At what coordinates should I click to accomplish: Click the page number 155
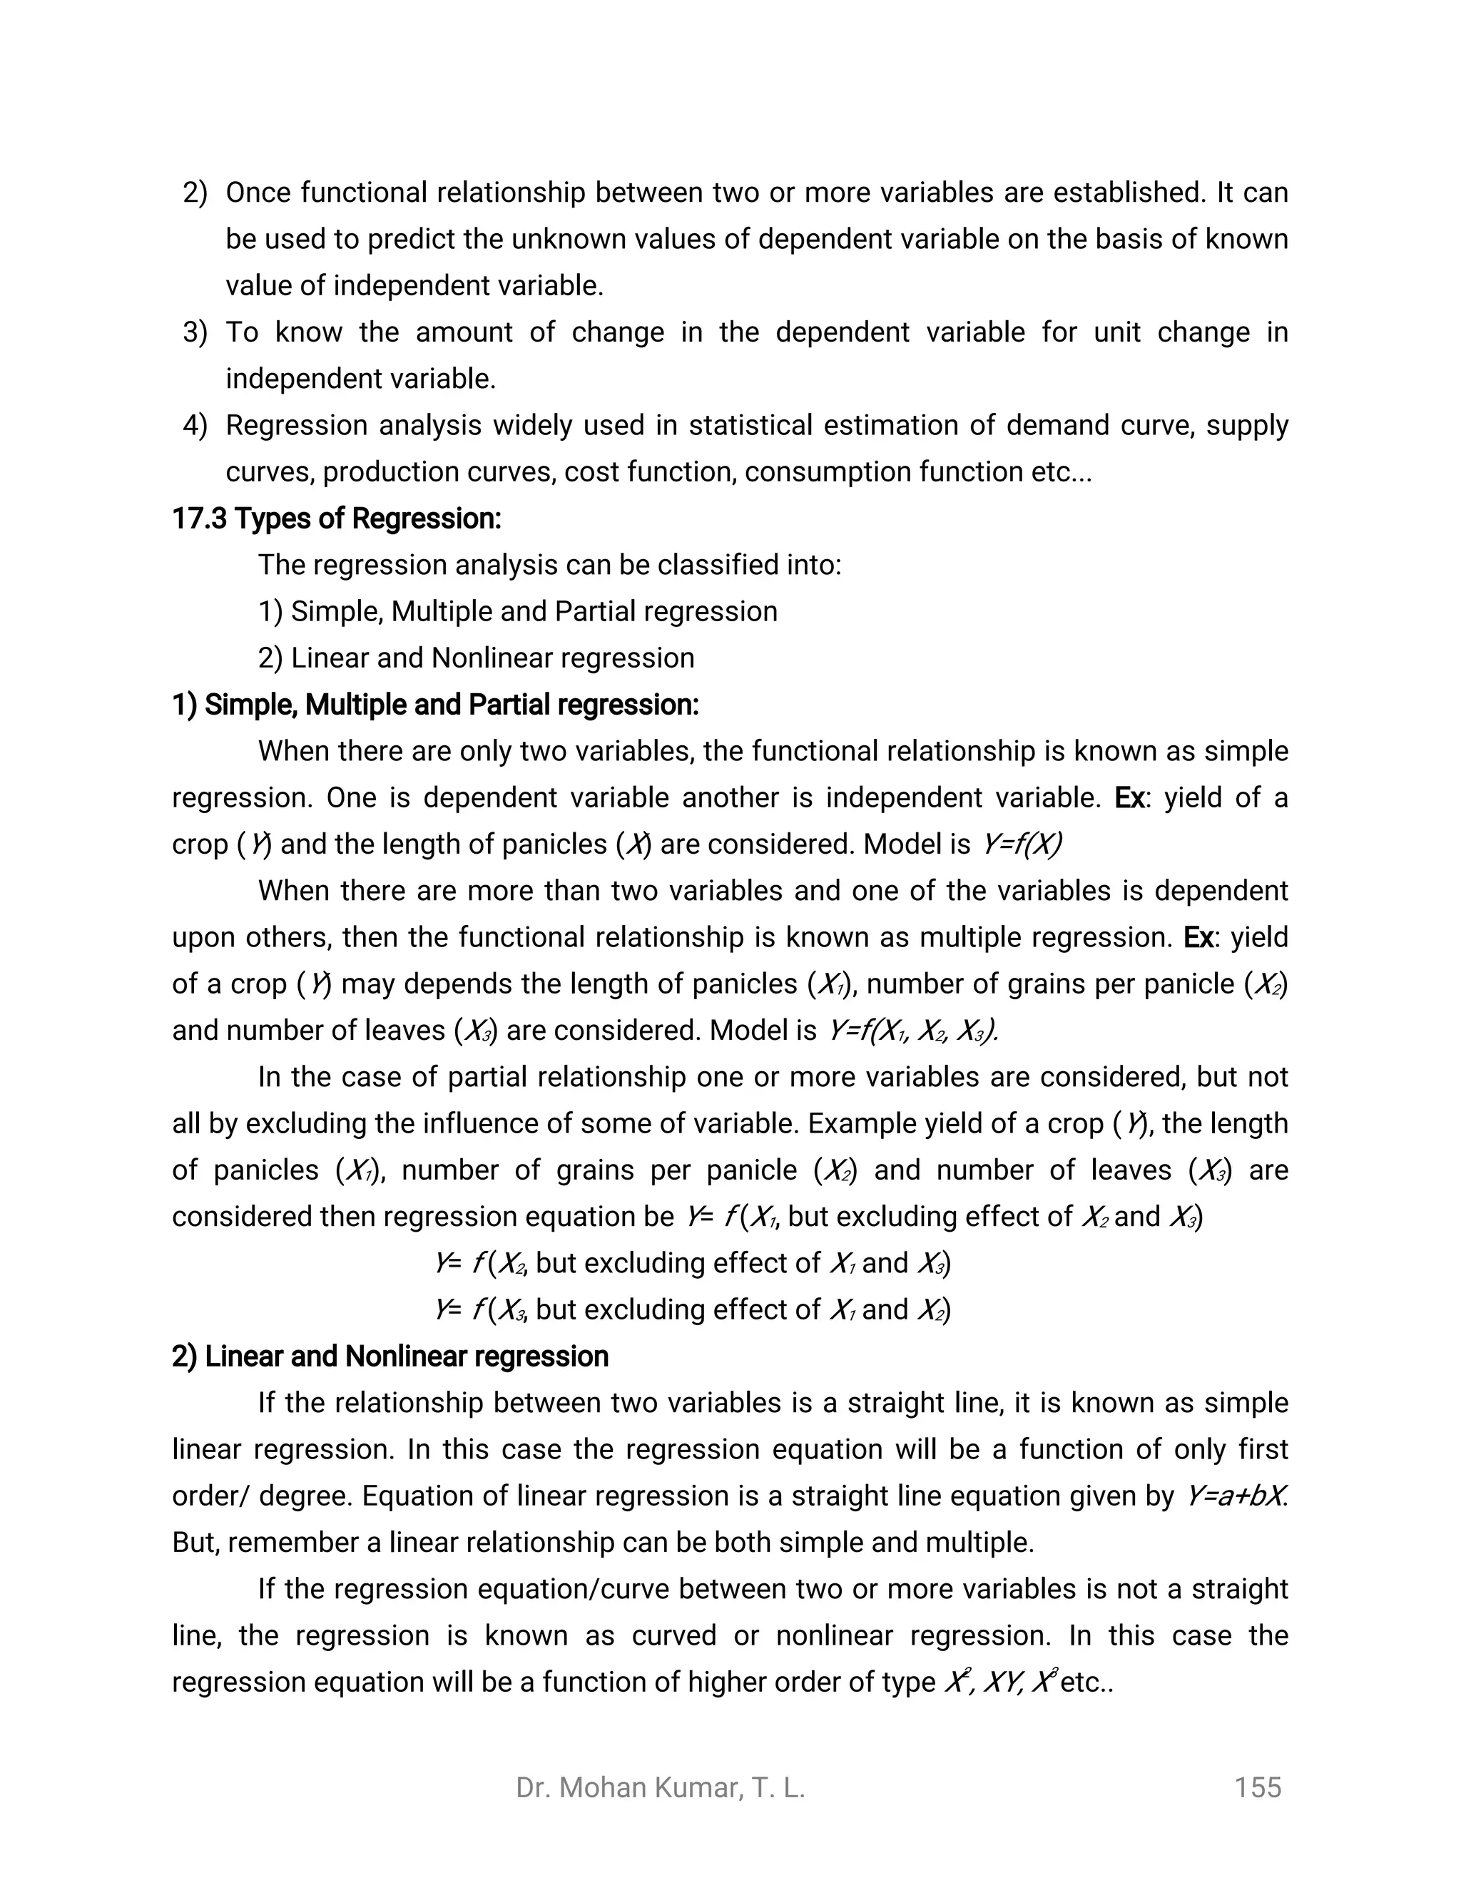click(1257, 1788)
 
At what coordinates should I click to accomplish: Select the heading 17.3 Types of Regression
click(337, 519)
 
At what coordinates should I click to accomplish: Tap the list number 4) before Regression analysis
click(195, 425)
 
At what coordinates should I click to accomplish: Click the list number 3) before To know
click(195, 332)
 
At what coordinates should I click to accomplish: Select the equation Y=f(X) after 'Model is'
click(1022, 844)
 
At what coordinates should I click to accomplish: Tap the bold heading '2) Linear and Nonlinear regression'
click(390, 1356)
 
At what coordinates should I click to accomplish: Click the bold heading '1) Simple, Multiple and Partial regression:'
click(435, 705)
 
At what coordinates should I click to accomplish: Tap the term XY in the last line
click(1002, 1682)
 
